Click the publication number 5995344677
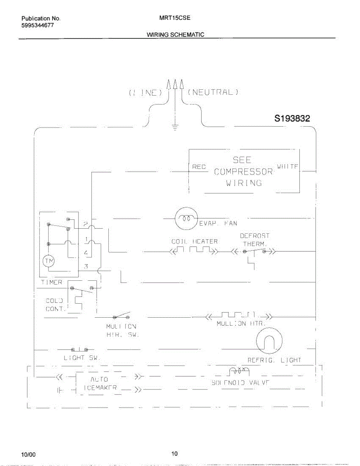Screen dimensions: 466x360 [38, 25]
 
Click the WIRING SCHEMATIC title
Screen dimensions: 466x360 [176, 35]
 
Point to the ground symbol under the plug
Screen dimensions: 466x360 [175, 127]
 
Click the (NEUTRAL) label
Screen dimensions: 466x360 [212, 92]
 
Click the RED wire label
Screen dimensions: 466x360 [199, 167]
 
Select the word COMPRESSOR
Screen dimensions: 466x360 [243, 171]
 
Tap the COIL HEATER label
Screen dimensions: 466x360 [195, 242]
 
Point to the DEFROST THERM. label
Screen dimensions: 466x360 [255, 240]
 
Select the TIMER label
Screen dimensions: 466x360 [51, 282]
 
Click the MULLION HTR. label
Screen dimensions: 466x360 [241, 323]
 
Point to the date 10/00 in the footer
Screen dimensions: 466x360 [28, 454]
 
